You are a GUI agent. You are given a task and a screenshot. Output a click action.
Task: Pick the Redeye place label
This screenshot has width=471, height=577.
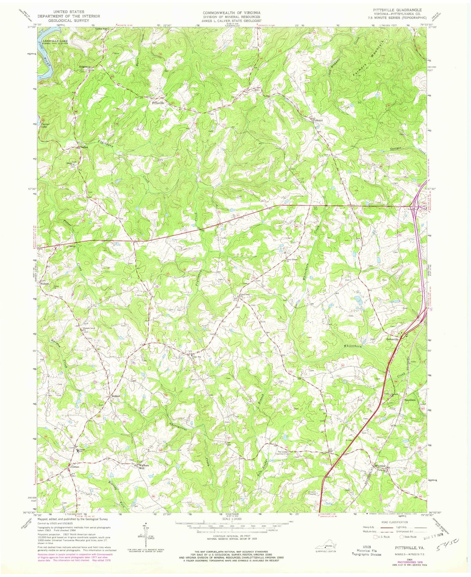(x=115, y=396)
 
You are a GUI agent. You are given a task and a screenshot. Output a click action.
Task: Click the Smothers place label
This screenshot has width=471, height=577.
(x=410, y=400)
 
